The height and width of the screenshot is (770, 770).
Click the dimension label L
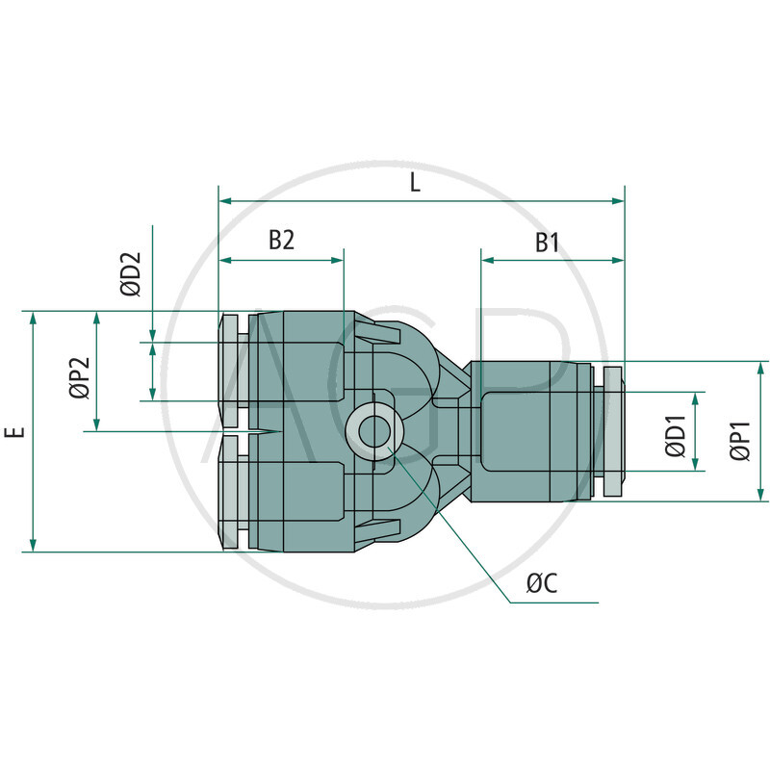(416, 183)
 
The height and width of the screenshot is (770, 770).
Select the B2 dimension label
(280, 241)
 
